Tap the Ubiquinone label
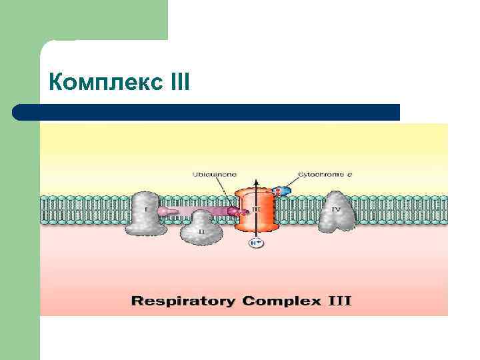click(x=213, y=174)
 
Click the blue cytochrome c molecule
click(x=283, y=191)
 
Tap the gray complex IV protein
click(x=336, y=212)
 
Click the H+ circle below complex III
click(x=256, y=243)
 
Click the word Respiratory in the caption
click(x=183, y=301)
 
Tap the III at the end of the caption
click(x=337, y=301)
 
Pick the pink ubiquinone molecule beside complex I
click(x=167, y=212)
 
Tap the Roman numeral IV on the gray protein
click(x=336, y=209)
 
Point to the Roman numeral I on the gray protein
click(x=146, y=209)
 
